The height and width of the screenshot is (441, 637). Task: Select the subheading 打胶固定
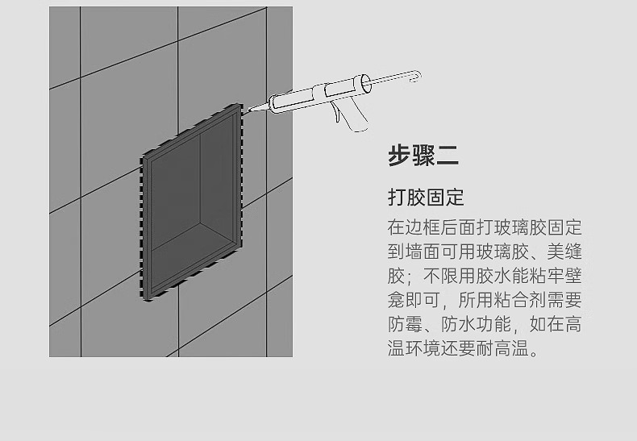426,197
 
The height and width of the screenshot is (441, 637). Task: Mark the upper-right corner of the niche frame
239,107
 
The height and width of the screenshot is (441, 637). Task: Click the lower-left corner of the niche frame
148,297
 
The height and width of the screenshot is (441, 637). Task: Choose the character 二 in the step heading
448,154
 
